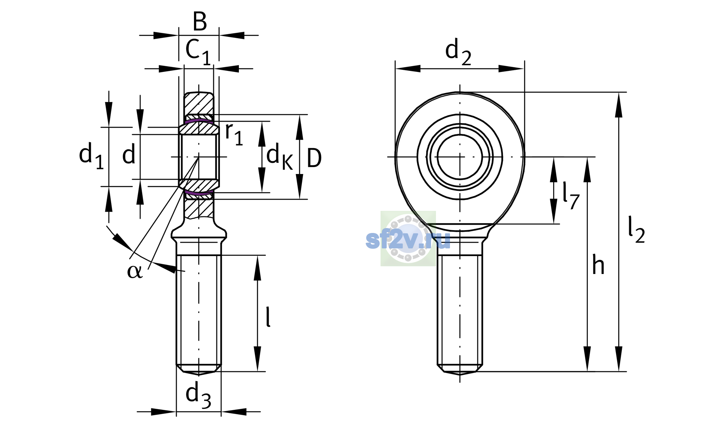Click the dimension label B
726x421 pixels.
click(x=200, y=21)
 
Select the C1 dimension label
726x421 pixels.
click(x=198, y=52)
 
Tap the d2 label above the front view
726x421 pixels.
click(x=458, y=52)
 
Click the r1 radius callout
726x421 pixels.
click(x=234, y=134)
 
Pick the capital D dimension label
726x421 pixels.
click(x=314, y=158)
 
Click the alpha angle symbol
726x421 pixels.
click(x=135, y=271)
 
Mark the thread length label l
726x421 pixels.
click(x=268, y=316)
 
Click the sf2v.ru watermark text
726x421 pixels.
click(x=408, y=240)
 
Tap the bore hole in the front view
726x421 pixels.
click(x=460, y=157)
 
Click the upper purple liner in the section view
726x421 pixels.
click(x=199, y=121)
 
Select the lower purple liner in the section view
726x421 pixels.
click(x=199, y=193)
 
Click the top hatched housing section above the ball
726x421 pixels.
click(x=199, y=103)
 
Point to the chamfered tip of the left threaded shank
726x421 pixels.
click(x=199, y=369)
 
